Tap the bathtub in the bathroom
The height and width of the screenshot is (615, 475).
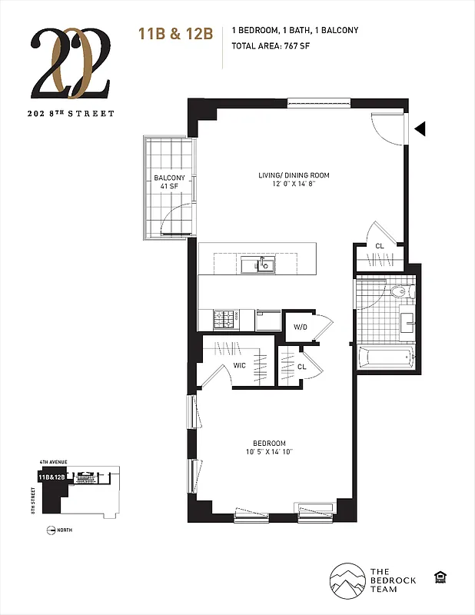tap(386, 357)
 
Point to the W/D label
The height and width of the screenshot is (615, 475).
tap(300, 327)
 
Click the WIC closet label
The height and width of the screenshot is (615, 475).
tap(240, 365)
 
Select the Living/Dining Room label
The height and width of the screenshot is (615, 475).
tap(294, 179)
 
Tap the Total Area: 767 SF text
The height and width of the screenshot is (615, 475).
tap(271, 45)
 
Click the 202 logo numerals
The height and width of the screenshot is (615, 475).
tap(72, 65)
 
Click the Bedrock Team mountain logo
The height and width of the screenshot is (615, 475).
tap(347, 581)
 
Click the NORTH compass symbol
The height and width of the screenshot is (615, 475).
tap(51, 530)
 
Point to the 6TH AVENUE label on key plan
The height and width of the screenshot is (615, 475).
tap(54, 461)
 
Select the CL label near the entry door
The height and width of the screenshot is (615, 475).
tap(379, 246)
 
